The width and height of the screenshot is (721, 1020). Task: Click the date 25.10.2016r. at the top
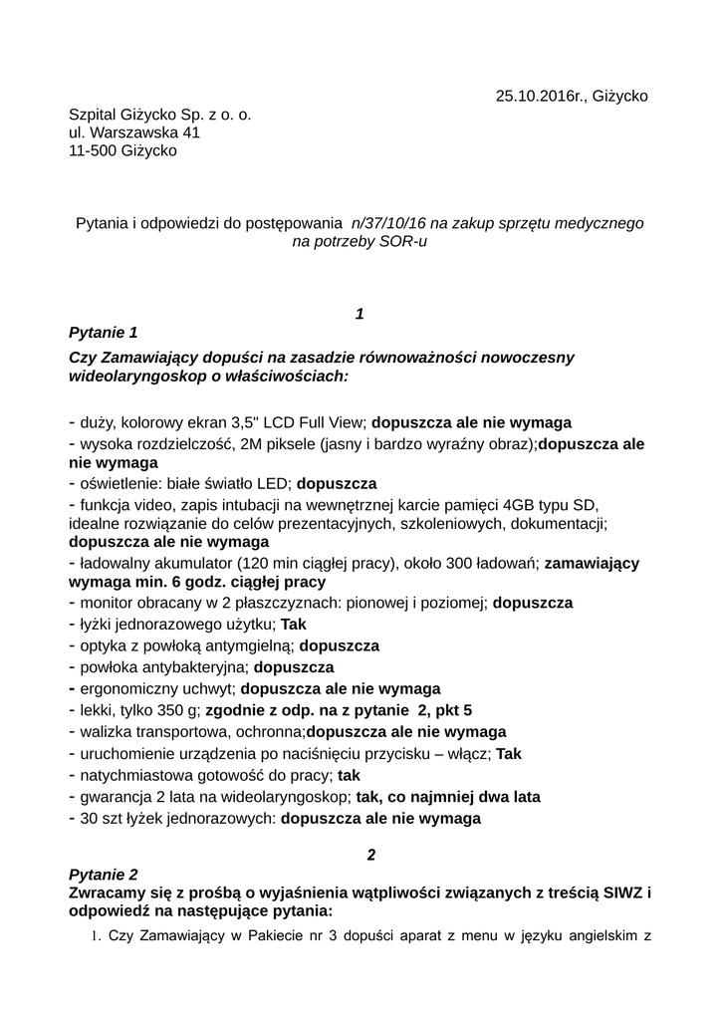point(539,96)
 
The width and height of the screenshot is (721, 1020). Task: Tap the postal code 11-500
point(92,150)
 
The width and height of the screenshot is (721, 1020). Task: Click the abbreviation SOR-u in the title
point(402,241)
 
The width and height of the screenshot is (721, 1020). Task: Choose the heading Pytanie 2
point(103,874)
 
